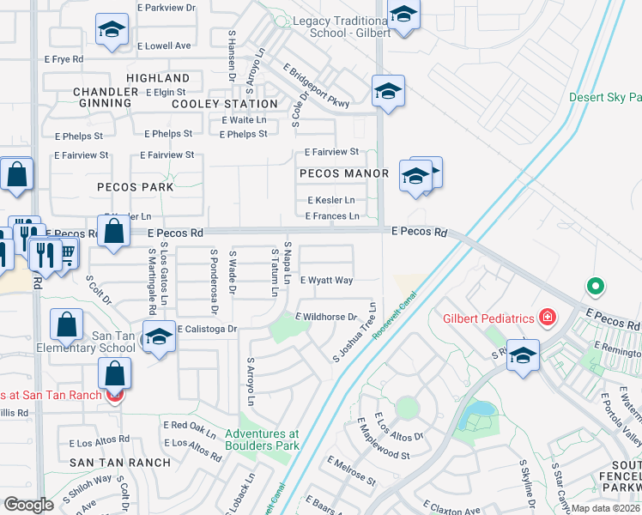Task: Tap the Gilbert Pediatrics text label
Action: pyautogui.click(x=489, y=318)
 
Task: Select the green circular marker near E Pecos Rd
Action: pyautogui.click(x=593, y=287)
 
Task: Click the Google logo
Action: pyautogui.click(x=29, y=504)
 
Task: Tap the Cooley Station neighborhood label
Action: pyautogui.click(x=225, y=104)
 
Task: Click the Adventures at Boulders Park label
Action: pyautogui.click(x=263, y=439)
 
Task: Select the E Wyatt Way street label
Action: pyautogui.click(x=326, y=281)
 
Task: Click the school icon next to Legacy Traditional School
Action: pyautogui.click(x=403, y=14)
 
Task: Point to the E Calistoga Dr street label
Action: pyautogui.click(x=207, y=329)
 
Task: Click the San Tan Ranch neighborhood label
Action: pyautogui.click(x=120, y=462)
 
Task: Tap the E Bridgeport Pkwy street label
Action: pyautogui.click(x=316, y=87)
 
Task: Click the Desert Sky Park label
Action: pyautogui.click(x=605, y=97)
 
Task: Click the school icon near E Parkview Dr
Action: pyautogui.click(x=111, y=29)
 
